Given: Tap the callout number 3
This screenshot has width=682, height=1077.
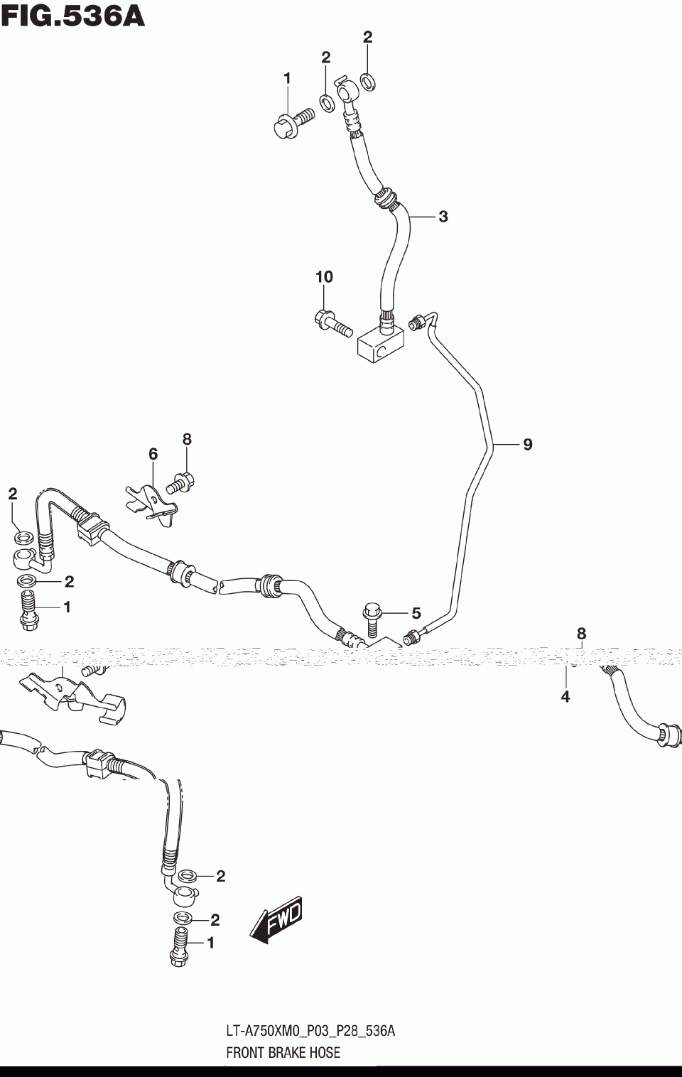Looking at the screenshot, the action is pyautogui.click(x=443, y=217).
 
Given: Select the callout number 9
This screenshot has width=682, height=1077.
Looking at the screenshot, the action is pyautogui.click(x=527, y=445).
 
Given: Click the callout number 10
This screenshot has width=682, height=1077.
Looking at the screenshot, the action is pyautogui.click(x=324, y=276).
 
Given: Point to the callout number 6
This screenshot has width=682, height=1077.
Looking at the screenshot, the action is pyautogui.click(x=153, y=454).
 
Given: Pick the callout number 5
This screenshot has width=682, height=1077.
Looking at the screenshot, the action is pyautogui.click(x=416, y=613).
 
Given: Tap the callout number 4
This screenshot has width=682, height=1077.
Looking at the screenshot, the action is pyautogui.click(x=565, y=697).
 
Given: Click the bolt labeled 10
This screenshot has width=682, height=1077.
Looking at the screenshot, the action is pyautogui.click(x=332, y=323).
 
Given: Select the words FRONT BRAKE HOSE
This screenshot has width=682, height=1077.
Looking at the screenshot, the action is pyautogui.click(x=283, y=1053).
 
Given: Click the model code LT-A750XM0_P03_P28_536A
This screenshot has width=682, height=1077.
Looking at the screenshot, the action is pyautogui.click(x=310, y=1031).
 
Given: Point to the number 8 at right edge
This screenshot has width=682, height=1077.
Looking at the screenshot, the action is pyautogui.click(x=581, y=633).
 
